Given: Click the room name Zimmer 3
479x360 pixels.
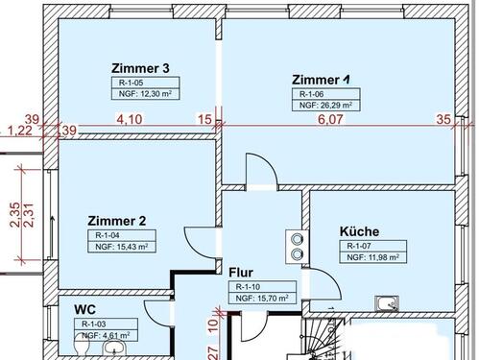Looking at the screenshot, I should coord(140,68).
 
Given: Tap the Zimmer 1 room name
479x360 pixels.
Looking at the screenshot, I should coord(321,79).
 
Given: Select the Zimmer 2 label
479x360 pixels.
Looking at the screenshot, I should coord(116,220).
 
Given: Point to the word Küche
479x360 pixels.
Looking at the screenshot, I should coord(359,231).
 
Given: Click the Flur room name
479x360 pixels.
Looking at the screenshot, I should coord(240,272).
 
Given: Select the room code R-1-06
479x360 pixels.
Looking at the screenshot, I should coord(313,94).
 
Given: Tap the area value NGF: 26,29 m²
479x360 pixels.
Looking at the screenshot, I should coord(326,106).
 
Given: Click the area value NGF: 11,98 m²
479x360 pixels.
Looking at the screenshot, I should coord(371,257).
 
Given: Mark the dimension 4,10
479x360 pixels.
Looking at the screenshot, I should coord(130,120).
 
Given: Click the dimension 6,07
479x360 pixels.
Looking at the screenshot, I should coord(330,120).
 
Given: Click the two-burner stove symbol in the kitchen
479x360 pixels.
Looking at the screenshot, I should coord(294,246).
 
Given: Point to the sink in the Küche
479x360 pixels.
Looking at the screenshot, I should coord(387,305).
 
